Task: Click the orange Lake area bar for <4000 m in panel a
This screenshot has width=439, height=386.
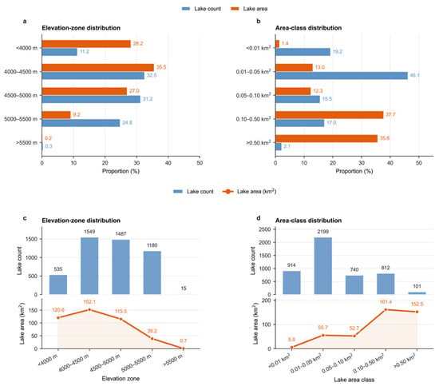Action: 86,44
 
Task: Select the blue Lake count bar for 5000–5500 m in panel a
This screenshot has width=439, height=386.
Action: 81,123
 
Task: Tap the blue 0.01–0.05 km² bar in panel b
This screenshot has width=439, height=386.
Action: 342,75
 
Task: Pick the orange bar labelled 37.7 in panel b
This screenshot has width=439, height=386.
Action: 329,115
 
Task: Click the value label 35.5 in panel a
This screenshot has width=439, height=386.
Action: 161,67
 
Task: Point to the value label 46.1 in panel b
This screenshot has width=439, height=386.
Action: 414,75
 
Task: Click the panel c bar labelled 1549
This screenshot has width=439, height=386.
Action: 89,266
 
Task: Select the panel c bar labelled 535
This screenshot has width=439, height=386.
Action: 58,285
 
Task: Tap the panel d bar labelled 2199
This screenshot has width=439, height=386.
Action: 323,266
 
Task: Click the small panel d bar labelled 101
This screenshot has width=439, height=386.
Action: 417,293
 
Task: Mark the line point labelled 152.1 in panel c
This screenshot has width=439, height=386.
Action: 89,309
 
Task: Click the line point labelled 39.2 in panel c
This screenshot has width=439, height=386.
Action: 152,339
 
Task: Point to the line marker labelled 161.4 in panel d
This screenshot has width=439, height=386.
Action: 386,309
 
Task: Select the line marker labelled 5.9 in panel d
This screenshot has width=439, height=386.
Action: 291,348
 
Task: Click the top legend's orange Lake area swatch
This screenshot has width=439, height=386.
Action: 235,9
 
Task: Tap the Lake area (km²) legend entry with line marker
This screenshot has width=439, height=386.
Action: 249,192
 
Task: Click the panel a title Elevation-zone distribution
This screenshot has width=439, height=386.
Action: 81,28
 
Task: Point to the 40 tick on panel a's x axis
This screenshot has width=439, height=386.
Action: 168,163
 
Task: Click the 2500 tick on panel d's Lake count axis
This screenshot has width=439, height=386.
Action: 266,229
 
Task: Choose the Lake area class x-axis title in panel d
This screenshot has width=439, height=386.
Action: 354,380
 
